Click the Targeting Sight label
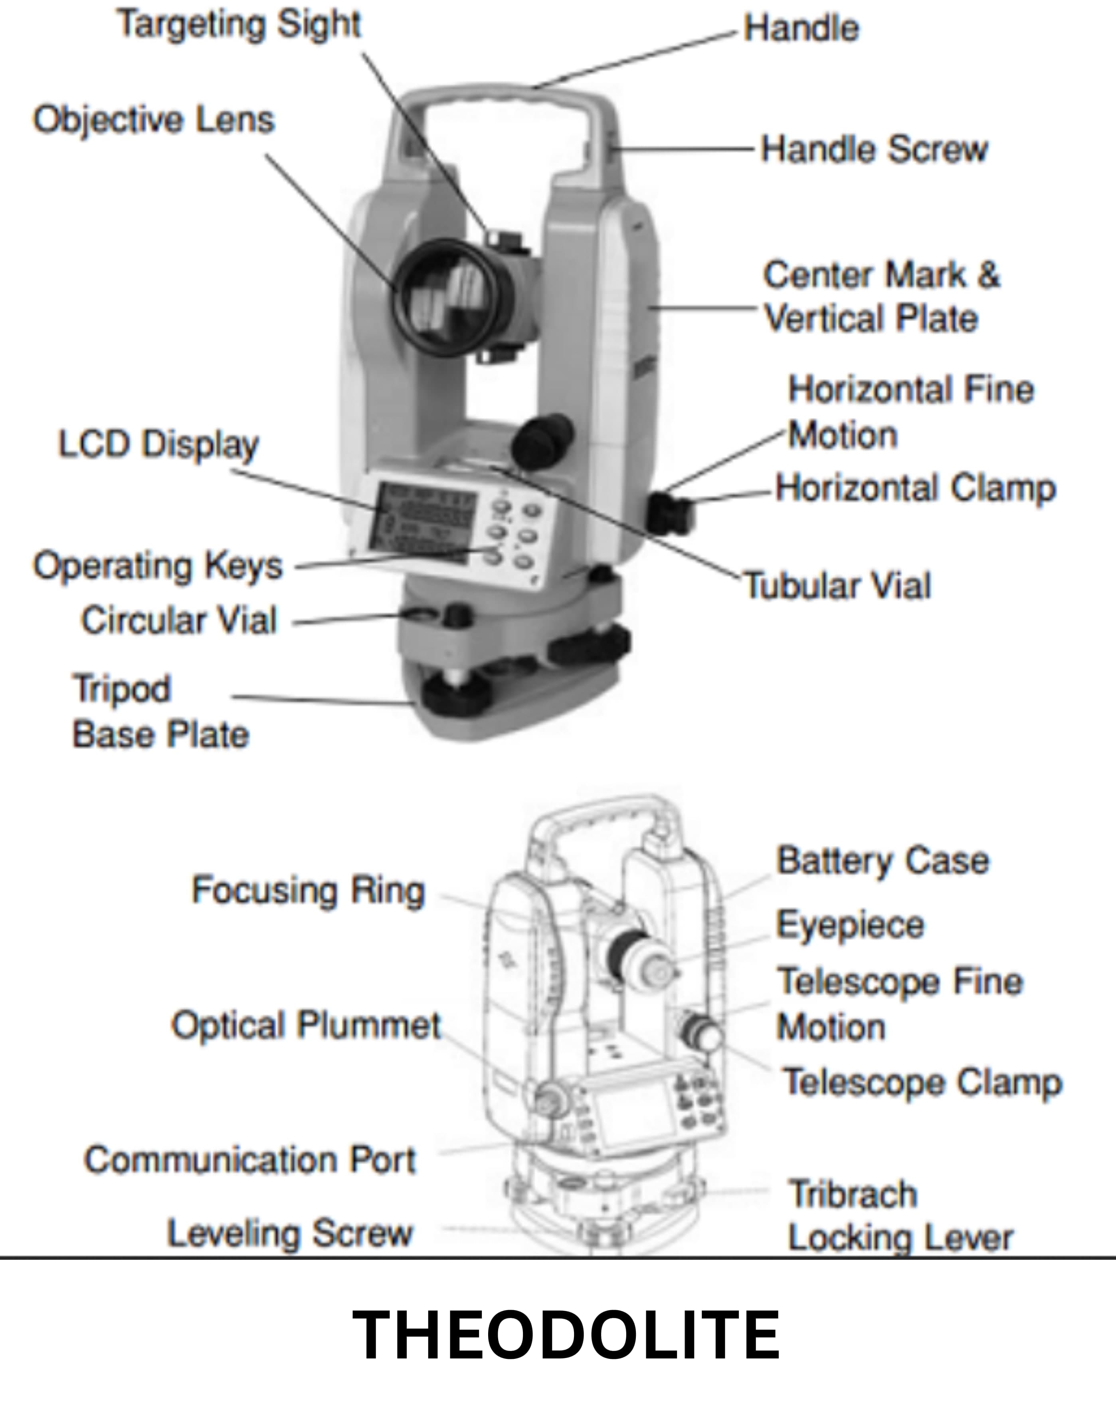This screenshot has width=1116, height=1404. coord(238,25)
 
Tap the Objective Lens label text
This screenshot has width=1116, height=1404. coord(154,120)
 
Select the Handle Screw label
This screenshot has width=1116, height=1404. coord(874,149)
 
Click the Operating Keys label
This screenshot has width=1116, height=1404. coord(158,565)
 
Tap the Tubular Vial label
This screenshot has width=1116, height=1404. coord(837,585)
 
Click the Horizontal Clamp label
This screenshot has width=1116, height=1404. coord(915,488)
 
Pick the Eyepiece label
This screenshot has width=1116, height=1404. coord(850,925)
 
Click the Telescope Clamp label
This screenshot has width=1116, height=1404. coord(922,1082)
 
